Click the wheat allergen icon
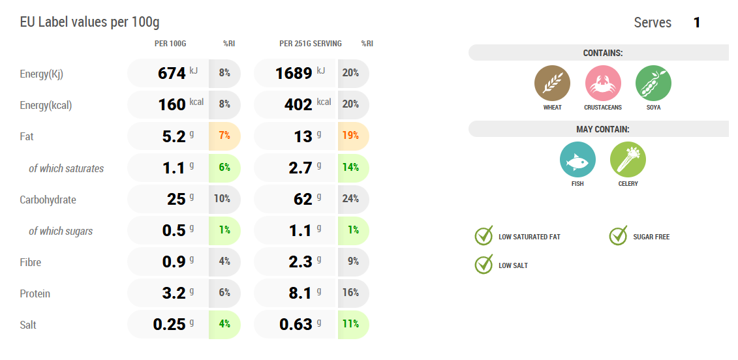(552, 83)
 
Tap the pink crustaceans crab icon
(603, 83)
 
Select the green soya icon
(653, 83)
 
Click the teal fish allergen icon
(577, 160)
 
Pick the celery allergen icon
(628, 160)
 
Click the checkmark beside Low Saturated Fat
(484, 236)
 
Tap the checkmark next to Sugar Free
(618, 236)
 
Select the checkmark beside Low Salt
(484, 265)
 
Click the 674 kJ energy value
(172, 74)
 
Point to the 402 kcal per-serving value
(299, 105)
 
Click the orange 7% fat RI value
(224, 136)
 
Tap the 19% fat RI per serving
(351, 136)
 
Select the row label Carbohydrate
(48, 200)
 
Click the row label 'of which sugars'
(61, 231)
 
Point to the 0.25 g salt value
(170, 325)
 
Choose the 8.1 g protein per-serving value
(300, 293)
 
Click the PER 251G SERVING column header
(311, 44)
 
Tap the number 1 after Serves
(697, 23)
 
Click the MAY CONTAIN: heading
(603, 129)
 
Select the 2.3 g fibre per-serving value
(300, 262)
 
